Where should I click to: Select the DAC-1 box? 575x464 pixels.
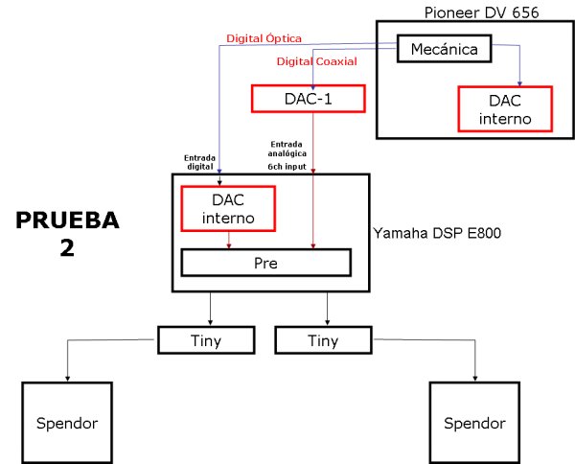point(294,98)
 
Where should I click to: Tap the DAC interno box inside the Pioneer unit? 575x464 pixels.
point(505,109)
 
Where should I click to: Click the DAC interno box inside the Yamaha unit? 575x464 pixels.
point(227,208)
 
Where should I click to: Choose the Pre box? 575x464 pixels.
point(265,262)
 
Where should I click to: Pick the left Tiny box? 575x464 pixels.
point(207,339)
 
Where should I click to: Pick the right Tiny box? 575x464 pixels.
point(323,339)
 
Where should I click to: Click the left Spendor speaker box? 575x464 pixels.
point(66,423)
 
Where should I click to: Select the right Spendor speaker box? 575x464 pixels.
point(475,423)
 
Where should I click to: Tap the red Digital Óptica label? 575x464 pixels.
point(264,38)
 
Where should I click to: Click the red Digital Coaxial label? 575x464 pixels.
point(316,61)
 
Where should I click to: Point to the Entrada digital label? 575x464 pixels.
point(200,161)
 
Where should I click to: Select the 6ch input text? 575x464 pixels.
point(288,165)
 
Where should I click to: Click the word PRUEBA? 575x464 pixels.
point(67,220)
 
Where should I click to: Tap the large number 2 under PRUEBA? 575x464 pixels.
point(67,251)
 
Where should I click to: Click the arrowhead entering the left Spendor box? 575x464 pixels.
point(66,378)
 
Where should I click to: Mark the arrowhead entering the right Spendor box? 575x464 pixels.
point(475,378)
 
